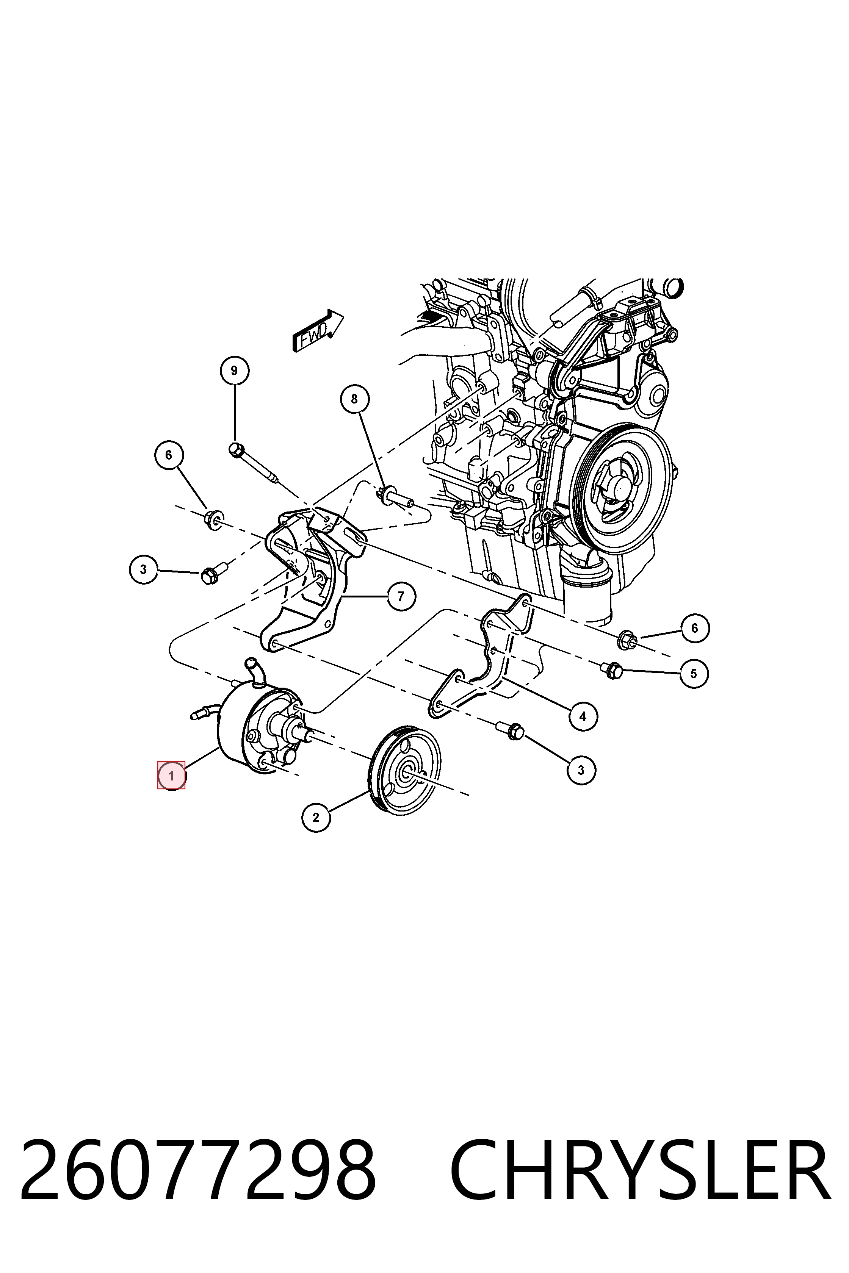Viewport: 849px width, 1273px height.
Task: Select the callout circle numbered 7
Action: tap(401, 596)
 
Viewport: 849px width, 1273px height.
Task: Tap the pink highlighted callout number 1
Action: tap(171, 776)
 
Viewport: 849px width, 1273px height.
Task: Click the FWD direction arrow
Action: tap(318, 331)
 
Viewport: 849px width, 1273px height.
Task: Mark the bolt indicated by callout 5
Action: tap(611, 670)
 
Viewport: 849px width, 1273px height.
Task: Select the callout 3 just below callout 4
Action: tap(581, 769)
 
